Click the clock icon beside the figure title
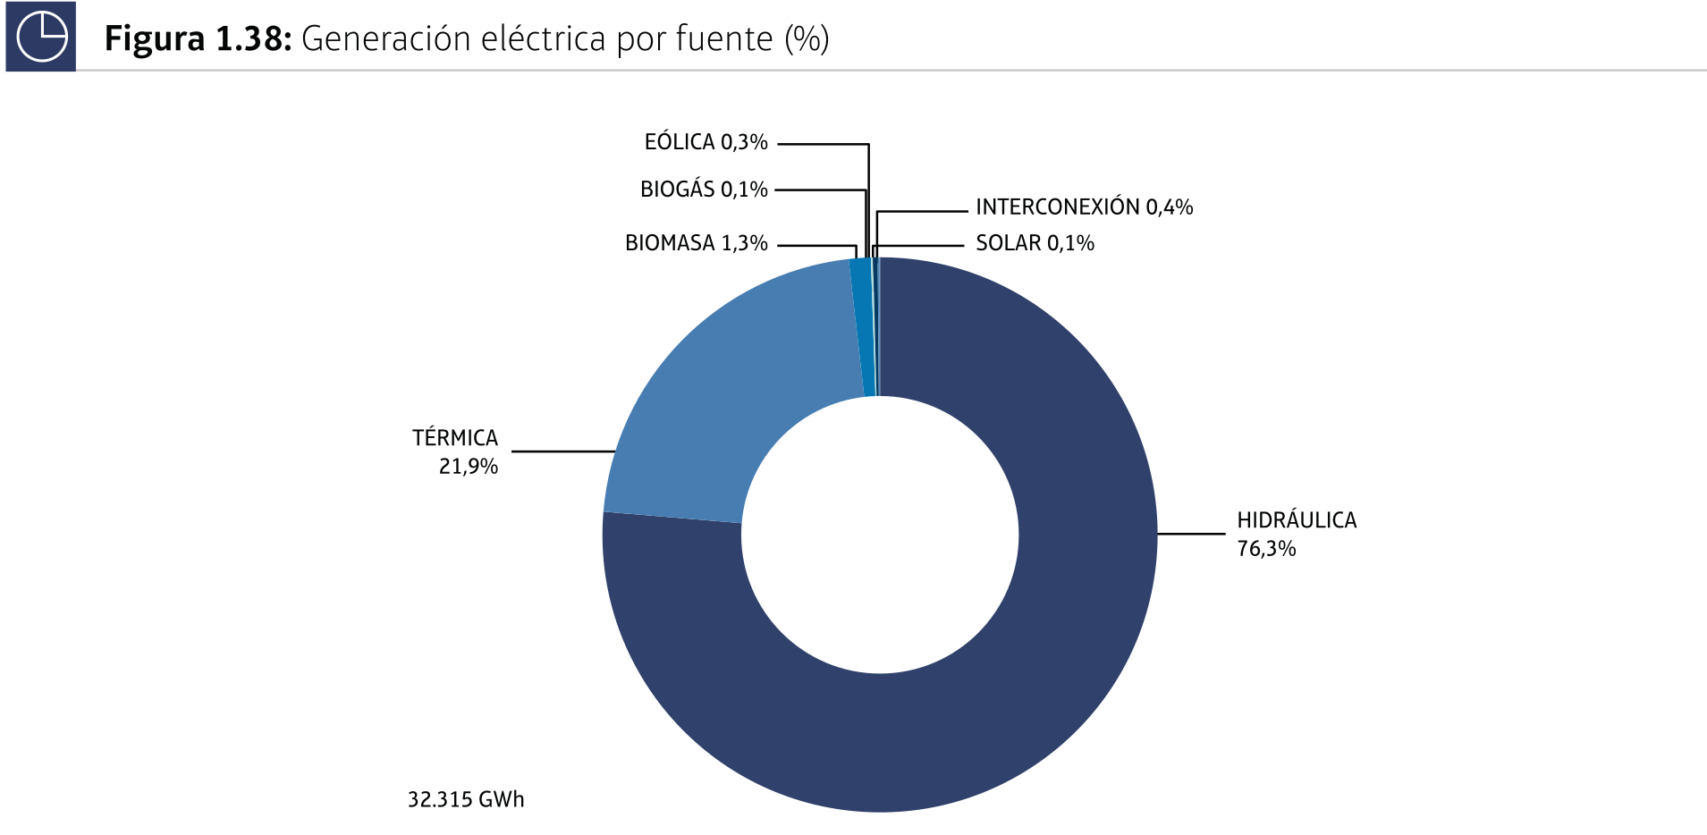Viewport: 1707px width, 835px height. pos(41,37)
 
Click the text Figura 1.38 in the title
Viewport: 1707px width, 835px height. pos(198,39)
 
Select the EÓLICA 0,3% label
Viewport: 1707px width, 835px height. pos(706,142)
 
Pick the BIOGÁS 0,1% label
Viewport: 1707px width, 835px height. pos(704,190)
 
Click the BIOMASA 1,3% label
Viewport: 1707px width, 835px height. pos(696,243)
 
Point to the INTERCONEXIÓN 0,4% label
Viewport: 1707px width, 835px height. pos(1084,207)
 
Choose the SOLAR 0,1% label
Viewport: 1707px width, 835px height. pos(1035,243)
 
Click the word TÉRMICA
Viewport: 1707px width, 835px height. pos(454,438)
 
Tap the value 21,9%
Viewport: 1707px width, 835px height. pos(468,467)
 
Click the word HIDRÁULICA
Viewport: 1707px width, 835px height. pos(1296,520)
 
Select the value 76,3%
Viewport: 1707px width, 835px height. pos(1266,549)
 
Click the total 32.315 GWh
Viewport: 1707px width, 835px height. pos(466,799)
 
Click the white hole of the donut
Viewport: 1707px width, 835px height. pos(880,535)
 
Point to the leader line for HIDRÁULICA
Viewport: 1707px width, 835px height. pos(1191,534)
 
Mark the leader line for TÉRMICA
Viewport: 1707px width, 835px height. pos(563,451)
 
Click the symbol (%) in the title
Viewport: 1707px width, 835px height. pos(807,39)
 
